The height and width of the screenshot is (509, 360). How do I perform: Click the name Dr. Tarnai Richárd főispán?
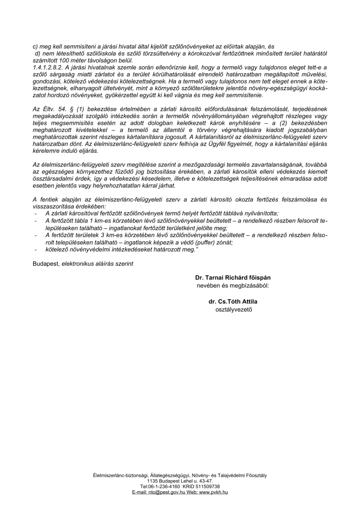click(233, 278)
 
